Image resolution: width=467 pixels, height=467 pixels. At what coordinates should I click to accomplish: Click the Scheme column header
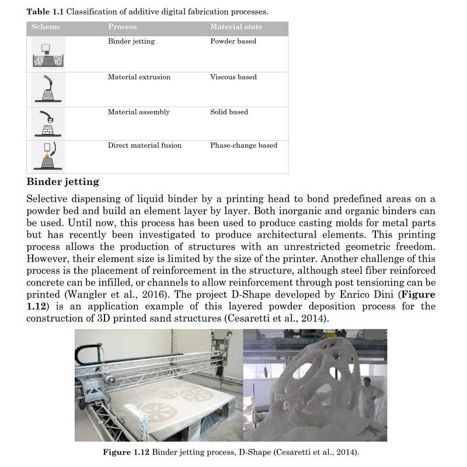[46, 26]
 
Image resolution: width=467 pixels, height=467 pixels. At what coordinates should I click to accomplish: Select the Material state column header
[236, 26]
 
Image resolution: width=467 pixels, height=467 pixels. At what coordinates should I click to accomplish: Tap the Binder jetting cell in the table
[131, 41]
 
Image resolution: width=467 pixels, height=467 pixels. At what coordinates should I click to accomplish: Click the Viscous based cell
[233, 77]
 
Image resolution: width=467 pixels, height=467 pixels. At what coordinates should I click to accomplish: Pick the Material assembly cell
[139, 112]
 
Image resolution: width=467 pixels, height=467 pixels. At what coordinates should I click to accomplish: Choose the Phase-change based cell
[243, 145]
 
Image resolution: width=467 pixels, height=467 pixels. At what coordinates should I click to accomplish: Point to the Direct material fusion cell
[144, 145]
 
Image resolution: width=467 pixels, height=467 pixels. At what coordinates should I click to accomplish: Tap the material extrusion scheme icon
[48, 89]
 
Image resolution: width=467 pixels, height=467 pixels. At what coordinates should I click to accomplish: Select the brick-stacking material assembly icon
[48, 124]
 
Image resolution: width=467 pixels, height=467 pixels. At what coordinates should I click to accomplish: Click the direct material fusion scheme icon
[48, 156]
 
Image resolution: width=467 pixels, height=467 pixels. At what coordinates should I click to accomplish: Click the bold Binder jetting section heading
[63, 182]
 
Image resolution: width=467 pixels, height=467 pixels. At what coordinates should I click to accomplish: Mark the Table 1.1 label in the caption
[45, 12]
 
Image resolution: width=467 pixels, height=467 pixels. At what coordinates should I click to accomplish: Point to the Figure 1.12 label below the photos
[126, 452]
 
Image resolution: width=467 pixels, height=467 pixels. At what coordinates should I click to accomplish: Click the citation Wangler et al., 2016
[116, 295]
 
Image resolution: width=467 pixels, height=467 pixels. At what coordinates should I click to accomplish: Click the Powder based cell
[233, 41]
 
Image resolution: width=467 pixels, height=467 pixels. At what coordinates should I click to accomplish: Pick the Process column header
[123, 26]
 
